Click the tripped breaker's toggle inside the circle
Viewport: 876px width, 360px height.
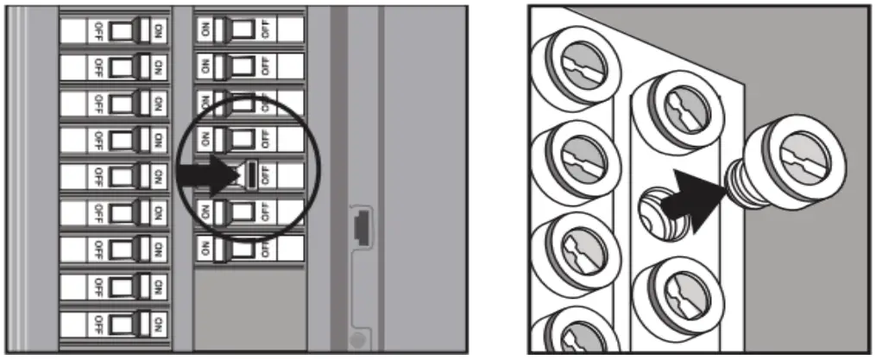click(x=250, y=174)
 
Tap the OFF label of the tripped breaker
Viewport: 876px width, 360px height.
click(x=265, y=174)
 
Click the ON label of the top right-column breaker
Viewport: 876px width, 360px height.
click(x=205, y=29)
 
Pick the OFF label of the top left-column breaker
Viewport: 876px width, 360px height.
click(x=96, y=30)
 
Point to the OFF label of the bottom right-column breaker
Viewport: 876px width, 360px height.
click(x=264, y=246)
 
